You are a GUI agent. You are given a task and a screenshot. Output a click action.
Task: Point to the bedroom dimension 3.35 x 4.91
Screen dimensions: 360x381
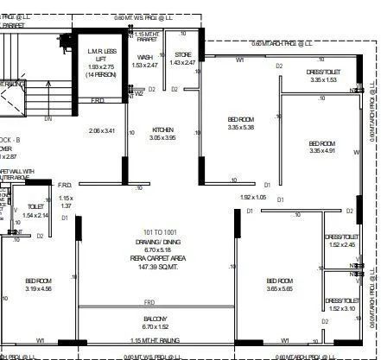(x=321, y=151)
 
